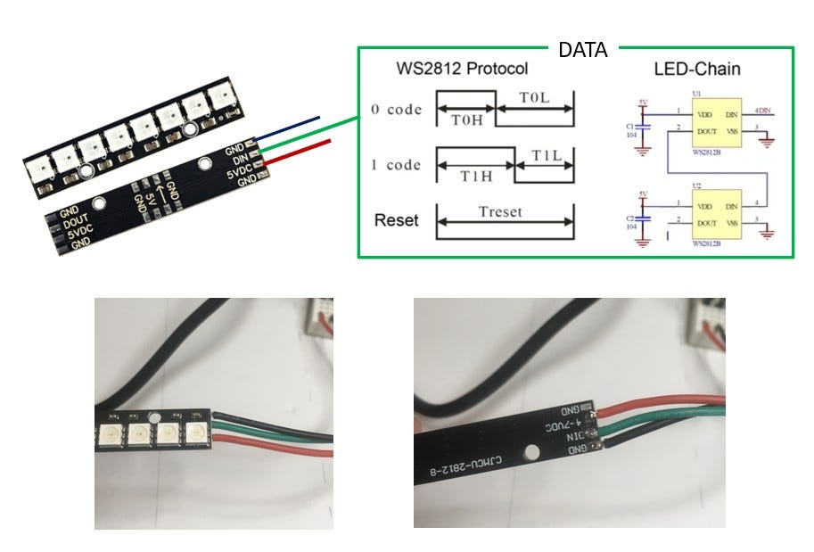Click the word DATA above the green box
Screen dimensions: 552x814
[x=582, y=50]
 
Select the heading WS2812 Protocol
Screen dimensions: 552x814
[x=462, y=69]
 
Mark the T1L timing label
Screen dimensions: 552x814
[x=546, y=155]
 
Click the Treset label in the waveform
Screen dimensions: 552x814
[x=505, y=213]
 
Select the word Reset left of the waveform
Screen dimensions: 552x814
[x=396, y=219]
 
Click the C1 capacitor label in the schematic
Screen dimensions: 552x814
[x=631, y=126]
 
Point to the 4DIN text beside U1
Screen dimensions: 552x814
[x=763, y=111]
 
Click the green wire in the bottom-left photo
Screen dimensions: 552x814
[x=276, y=430]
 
